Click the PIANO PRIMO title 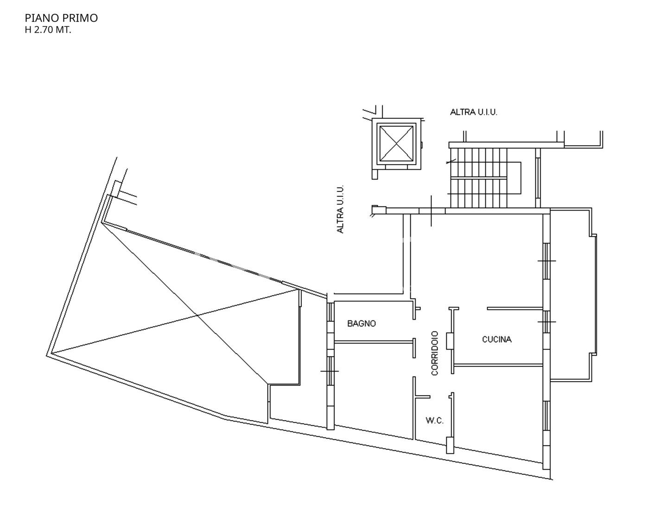(61, 18)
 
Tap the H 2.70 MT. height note (48, 30)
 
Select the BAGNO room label (361, 324)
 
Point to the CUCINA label (496, 340)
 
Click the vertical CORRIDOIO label (434, 353)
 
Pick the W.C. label (434, 421)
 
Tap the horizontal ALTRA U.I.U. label (473, 112)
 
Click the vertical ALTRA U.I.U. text (340, 209)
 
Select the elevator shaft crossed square (396, 144)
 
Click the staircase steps (479, 178)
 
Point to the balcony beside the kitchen (572, 295)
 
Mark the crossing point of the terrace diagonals (197, 315)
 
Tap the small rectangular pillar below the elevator (375, 174)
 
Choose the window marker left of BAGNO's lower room (330, 371)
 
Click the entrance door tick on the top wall (431, 211)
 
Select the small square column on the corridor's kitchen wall (450, 341)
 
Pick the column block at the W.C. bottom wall (450, 445)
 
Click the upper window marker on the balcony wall (547, 261)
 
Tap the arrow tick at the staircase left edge (451, 162)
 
